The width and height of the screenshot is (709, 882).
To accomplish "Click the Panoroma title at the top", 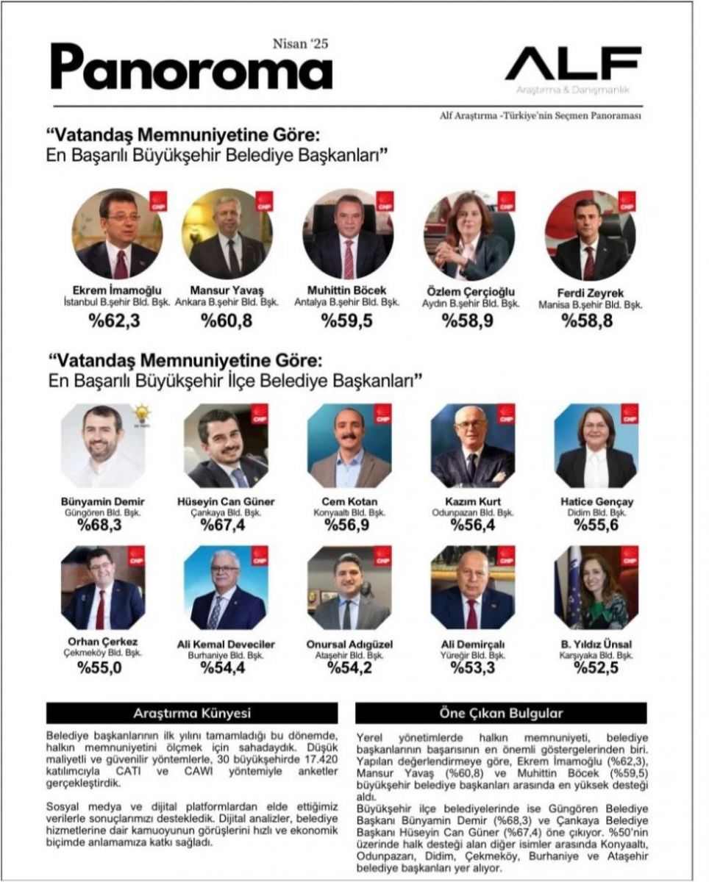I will point(190,68).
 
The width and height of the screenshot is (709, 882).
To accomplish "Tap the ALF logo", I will point(572,64).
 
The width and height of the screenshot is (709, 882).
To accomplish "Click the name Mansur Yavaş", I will point(223,290).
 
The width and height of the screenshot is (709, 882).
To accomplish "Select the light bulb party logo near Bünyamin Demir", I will point(140,414).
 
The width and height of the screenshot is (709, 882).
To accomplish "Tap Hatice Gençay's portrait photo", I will point(596,445).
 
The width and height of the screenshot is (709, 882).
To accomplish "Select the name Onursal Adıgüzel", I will point(350,645).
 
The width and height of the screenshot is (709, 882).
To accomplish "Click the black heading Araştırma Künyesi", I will point(192,713).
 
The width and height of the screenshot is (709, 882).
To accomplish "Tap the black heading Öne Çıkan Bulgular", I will point(501,713).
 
